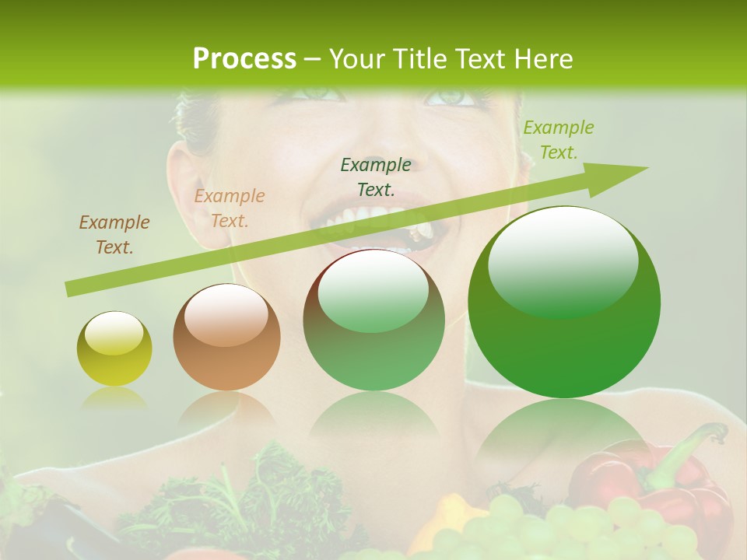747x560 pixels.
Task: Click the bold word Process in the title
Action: tap(244, 59)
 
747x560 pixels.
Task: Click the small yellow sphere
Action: tap(114, 348)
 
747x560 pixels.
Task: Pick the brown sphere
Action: tap(226, 337)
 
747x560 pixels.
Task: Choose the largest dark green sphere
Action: tap(564, 303)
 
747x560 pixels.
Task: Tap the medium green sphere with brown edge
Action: tap(373, 320)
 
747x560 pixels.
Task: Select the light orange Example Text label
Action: tap(230, 208)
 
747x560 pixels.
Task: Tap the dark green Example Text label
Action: tap(376, 177)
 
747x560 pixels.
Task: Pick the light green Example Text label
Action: tap(559, 140)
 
